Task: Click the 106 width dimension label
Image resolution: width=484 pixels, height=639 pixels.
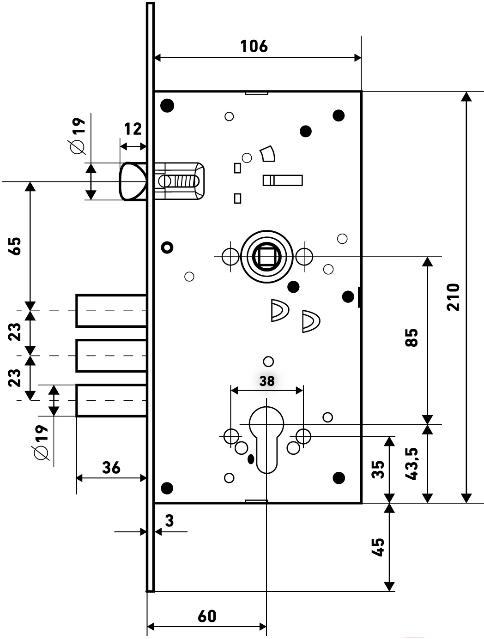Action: coord(254,46)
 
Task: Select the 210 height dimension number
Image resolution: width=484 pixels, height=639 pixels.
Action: coord(453,297)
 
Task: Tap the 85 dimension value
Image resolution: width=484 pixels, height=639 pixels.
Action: coord(411,338)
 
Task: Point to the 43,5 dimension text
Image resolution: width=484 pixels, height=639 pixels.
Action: coord(411,464)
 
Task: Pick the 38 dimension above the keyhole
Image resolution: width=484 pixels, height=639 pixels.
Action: coord(267,380)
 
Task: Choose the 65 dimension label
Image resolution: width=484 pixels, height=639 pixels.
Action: coord(15,246)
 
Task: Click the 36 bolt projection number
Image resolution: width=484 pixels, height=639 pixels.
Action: coord(111,468)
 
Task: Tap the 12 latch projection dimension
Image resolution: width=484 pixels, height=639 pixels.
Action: coord(133,129)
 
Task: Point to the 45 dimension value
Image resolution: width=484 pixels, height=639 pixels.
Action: coord(378,547)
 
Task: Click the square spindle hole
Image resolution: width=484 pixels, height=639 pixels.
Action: coord(266,256)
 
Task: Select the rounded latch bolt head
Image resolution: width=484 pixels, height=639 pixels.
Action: coord(133,181)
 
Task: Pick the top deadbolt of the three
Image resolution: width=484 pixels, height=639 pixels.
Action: coord(111,311)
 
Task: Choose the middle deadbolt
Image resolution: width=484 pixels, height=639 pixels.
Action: coord(111,356)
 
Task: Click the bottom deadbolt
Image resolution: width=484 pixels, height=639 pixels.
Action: coord(111,400)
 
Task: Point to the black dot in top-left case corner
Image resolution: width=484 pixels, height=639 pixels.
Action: coord(167,105)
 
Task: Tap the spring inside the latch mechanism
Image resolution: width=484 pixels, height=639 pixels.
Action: coord(182,181)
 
